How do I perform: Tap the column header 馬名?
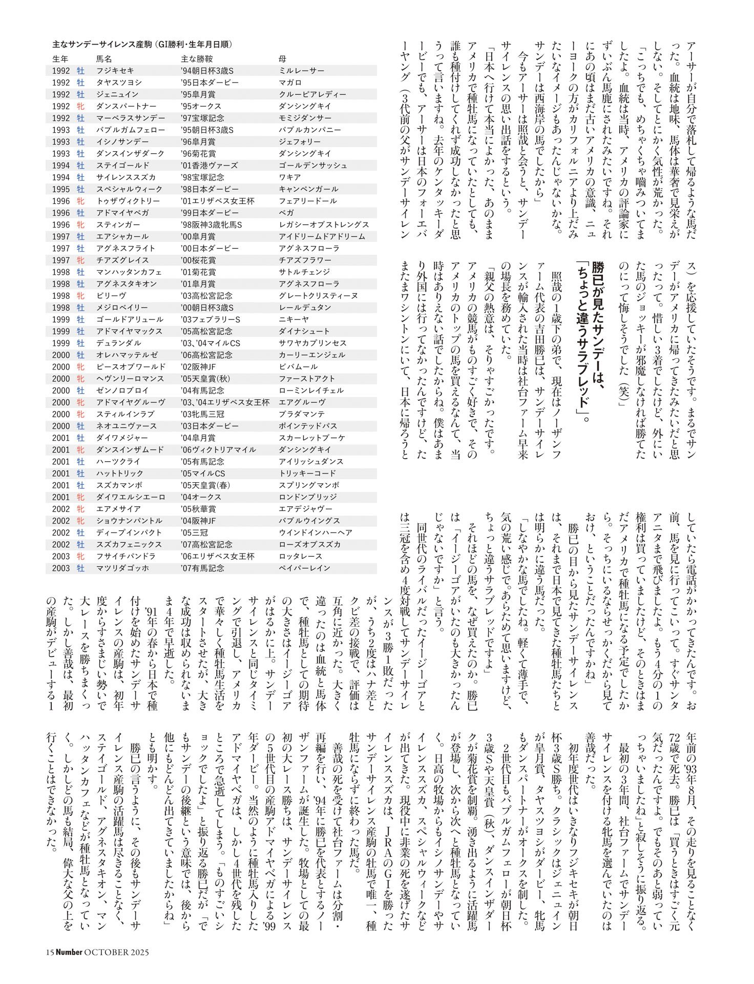pos(104,59)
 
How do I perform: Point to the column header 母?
pos(282,59)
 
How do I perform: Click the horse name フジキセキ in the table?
pos(114,71)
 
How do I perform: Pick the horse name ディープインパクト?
pos(129,532)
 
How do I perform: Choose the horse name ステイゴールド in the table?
pos(122,166)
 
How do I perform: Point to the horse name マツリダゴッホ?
pos(122,568)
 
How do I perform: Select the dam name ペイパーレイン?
pos(304,568)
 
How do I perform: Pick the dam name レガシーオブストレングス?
pos(324,224)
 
